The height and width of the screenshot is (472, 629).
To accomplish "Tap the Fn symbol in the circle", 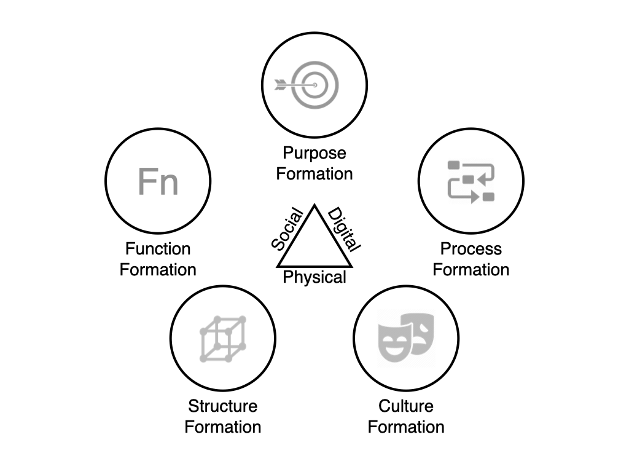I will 158,181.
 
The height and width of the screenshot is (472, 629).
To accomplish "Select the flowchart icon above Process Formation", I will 471,181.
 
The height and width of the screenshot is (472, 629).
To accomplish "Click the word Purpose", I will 314,153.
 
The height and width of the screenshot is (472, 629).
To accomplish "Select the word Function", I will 158,249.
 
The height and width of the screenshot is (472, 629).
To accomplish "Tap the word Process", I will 471,249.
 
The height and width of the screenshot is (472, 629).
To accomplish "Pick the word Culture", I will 406,406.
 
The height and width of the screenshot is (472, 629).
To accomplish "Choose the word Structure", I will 222,406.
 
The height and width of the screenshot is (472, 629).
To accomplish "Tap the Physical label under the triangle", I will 314,278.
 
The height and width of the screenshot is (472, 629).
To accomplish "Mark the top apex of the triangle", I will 314,205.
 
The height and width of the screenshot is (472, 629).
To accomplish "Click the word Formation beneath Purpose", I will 314,174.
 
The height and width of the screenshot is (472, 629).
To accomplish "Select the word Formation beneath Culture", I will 406,427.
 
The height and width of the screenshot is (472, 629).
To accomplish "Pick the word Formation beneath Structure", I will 222,427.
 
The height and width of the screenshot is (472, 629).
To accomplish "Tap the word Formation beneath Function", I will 158,270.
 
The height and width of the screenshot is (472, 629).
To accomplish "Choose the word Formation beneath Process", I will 471,270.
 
